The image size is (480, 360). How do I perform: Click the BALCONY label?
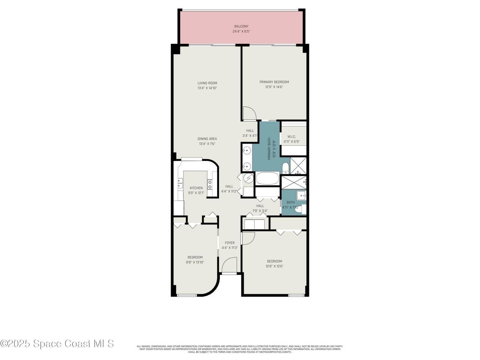(241, 26)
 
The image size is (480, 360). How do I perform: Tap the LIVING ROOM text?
(207, 83)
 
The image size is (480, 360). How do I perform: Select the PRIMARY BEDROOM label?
(274, 82)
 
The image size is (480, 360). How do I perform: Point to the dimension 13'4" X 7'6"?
(207, 144)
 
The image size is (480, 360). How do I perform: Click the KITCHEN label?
(196, 188)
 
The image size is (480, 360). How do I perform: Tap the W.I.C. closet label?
(292, 136)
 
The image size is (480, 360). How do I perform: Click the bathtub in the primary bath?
(267, 178)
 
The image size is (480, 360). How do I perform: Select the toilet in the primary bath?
(285, 167)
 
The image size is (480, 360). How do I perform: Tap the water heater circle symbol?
(248, 179)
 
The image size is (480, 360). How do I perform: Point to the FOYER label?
(229, 243)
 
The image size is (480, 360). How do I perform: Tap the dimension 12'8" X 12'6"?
(274, 266)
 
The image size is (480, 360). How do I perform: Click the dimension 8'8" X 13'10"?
(195, 262)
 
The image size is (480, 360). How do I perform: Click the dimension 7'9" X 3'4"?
(260, 211)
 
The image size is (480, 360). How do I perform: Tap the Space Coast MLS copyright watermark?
(57, 343)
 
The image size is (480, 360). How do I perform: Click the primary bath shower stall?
(298, 165)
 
